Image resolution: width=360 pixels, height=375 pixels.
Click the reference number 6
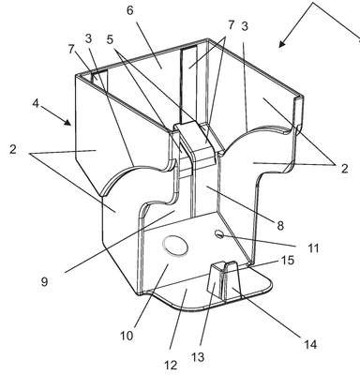pos(130,10)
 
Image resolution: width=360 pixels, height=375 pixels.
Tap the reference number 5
pos(110,39)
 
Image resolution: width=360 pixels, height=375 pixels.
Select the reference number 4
pos(36,103)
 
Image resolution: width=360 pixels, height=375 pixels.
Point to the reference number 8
pos(280,225)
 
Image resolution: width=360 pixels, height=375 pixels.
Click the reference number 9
pos(44,281)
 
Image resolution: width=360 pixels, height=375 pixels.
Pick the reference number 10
pos(127,337)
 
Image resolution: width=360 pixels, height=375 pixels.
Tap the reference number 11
pos(313,248)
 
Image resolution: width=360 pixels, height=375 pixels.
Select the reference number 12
pos(171,366)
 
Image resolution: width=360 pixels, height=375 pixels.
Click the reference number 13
pos(198,356)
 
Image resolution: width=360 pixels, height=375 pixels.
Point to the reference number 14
pos(310,345)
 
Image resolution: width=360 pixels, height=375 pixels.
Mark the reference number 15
pos(288,260)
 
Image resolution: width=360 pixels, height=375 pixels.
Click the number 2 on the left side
pos(12,149)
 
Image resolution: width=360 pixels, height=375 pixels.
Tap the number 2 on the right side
pos(344,169)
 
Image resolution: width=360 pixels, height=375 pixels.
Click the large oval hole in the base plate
pos(175,246)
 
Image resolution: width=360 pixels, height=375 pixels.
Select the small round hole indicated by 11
pos(219,234)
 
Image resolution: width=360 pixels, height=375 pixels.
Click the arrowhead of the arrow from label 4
pos(67,122)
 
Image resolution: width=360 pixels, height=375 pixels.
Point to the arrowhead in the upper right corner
pos(282,43)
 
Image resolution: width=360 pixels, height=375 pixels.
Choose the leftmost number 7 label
pos(71,49)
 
